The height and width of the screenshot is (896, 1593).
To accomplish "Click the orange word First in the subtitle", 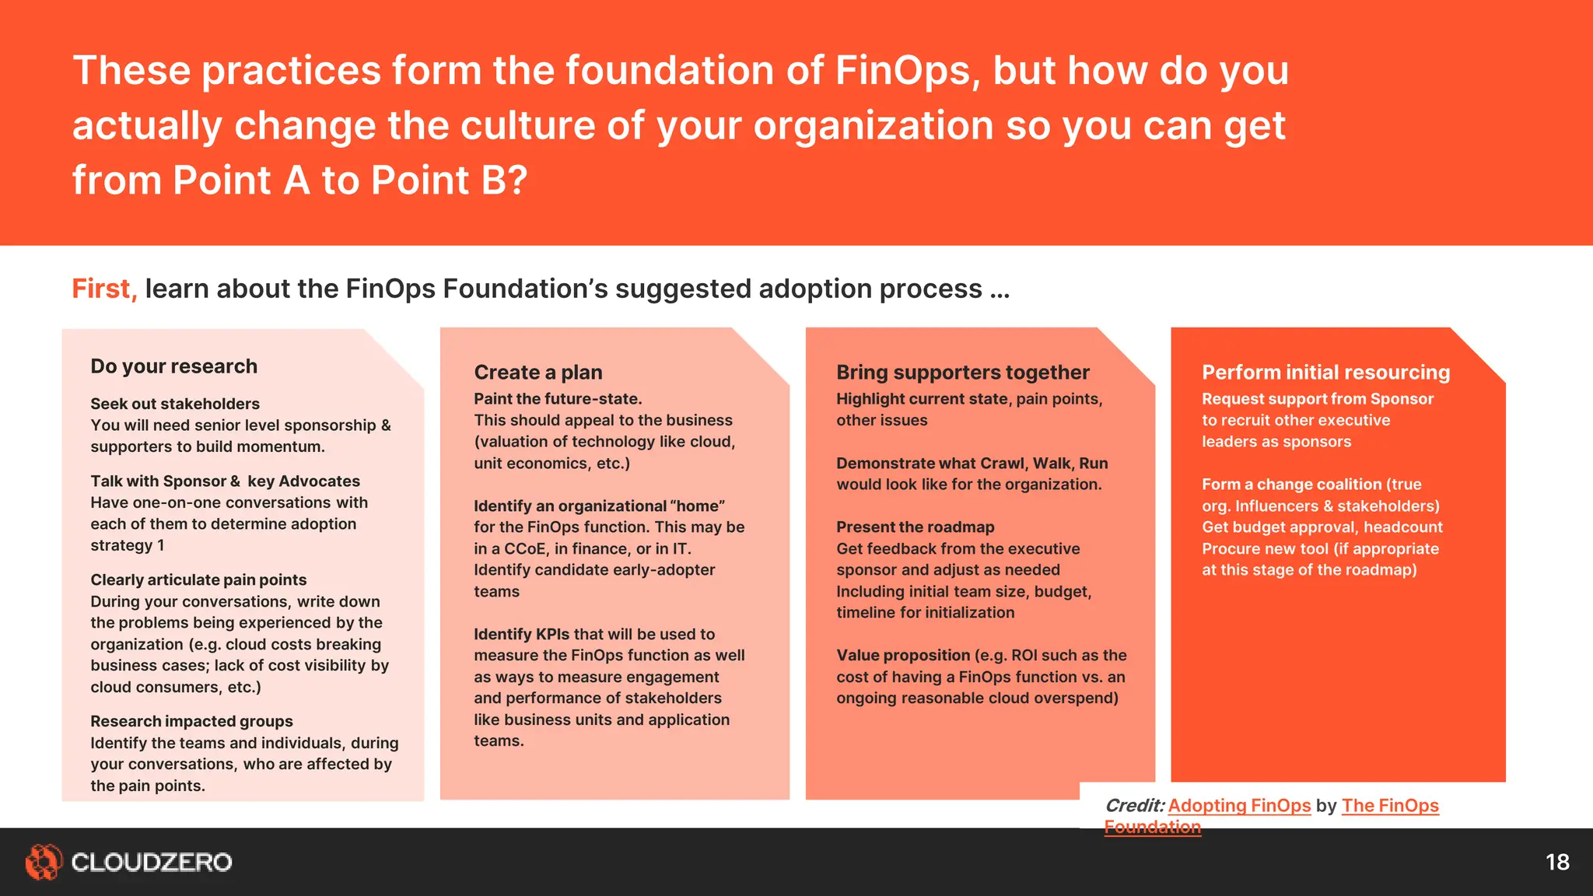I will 103,289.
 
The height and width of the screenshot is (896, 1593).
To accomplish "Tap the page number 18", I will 1557,862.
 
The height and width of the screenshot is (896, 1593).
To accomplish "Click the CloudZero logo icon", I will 43,862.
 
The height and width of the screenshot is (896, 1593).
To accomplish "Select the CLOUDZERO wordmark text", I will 152,862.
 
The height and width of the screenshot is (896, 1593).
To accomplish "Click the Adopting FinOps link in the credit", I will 1239,806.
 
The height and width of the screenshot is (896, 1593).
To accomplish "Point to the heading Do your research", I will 173,366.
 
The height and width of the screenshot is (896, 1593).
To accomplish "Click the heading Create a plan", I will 538,373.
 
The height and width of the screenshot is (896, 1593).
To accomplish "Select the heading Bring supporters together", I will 963,373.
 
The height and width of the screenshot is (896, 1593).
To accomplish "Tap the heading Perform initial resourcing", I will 1325,373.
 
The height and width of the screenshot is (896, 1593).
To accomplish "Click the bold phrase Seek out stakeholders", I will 175,404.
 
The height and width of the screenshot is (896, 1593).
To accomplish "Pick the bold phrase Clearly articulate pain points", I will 198,580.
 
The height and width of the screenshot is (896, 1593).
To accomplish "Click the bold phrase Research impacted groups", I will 191,722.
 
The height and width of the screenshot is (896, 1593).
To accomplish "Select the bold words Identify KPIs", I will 522,635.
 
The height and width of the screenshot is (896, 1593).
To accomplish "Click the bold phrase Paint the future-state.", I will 558,399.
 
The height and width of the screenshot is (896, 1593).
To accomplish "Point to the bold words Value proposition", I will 903,656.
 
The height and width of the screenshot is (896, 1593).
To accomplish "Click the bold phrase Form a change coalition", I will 1291,485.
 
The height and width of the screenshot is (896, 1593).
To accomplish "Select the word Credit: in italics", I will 1134,806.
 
